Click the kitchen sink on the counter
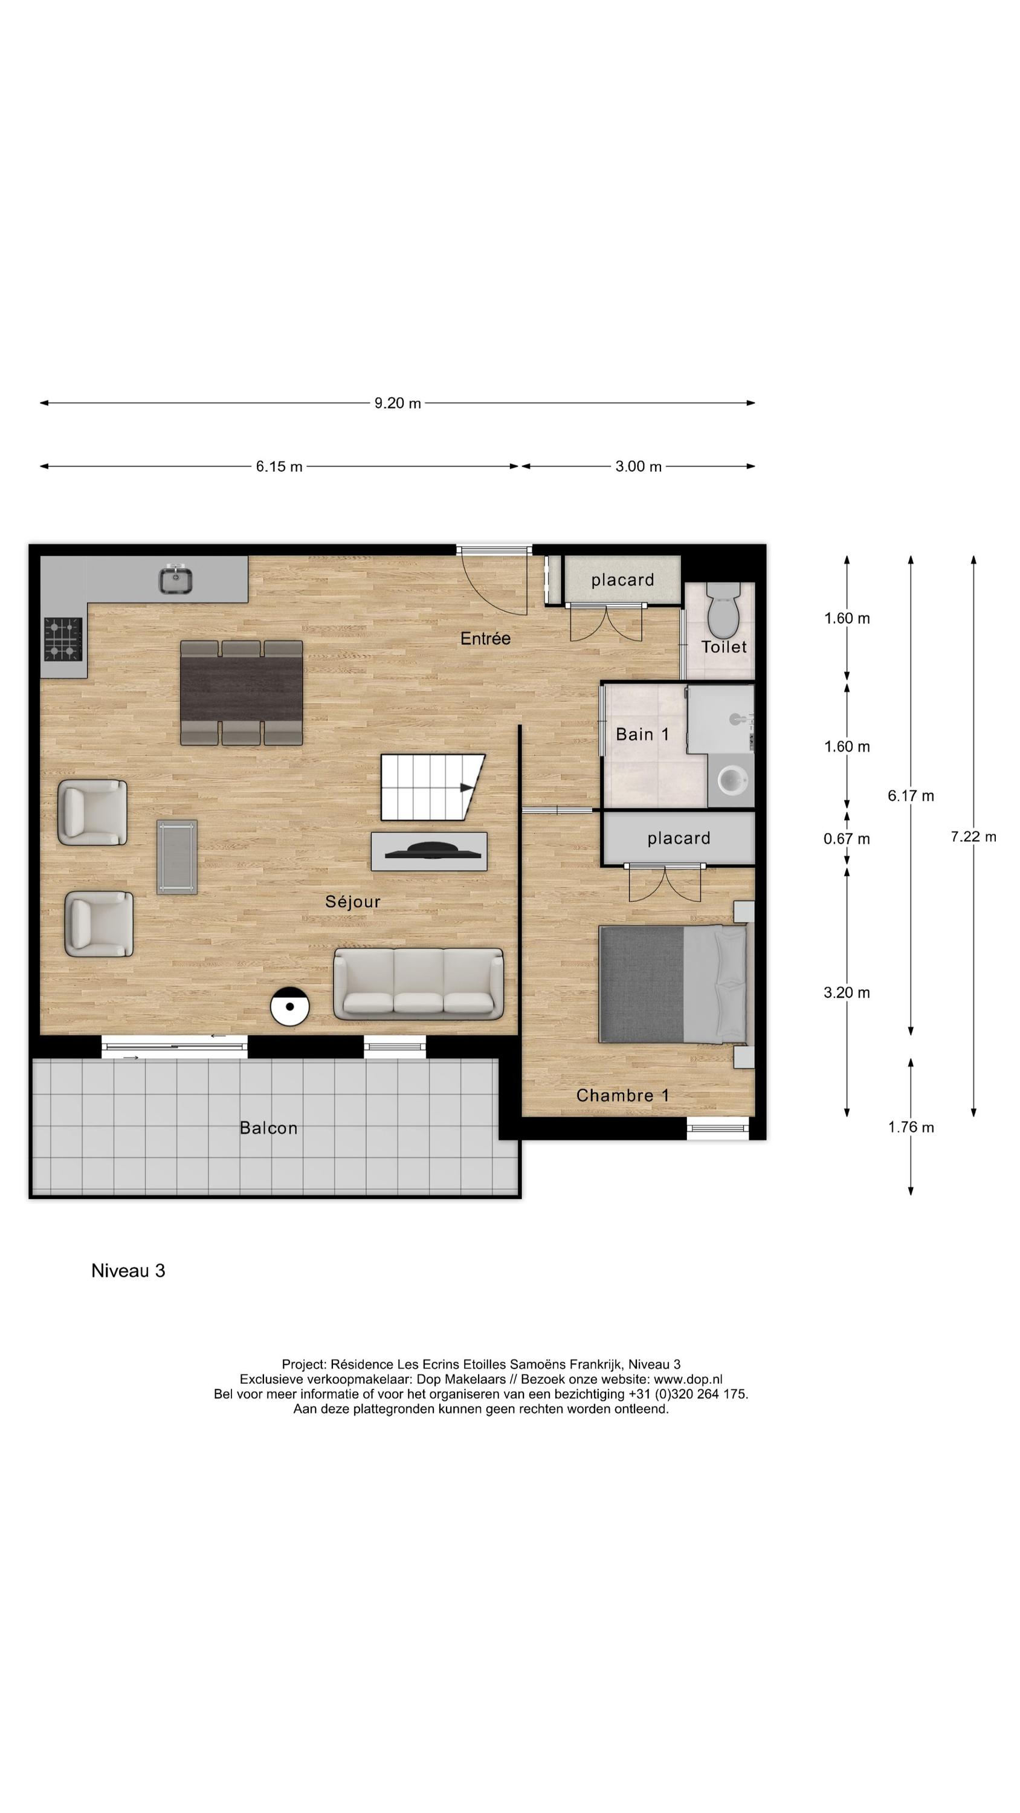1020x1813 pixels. pyautogui.click(x=175, y=581)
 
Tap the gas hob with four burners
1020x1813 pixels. pyautogui.click(x=63, y=639)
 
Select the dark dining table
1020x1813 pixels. pyautogui.click(x=242, y=692)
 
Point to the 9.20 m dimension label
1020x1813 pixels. pyautogui.click(x=397, y=403)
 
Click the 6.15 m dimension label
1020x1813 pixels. pyautogui.click(x=279, y=467)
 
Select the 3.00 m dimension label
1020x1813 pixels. pyautogui.click(x=637, y=467)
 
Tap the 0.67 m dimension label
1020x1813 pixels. pyautogui.click(x=846, y=839)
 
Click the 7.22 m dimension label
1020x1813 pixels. pyautogui.click(x=973, y=836)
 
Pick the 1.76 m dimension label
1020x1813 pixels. pyautogui.click(x=910, y=1127)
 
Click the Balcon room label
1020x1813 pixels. pyautogui.click(x=268, y=1128)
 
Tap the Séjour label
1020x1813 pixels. pyautogui.click(x=353, y=902)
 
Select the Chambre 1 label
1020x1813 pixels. pyautogui.click(x=622, y=1095)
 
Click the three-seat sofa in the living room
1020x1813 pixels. pyautogui.click(x=418, y=984)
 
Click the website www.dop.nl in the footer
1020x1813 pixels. pyautogui.click(x=688, y=1380)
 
